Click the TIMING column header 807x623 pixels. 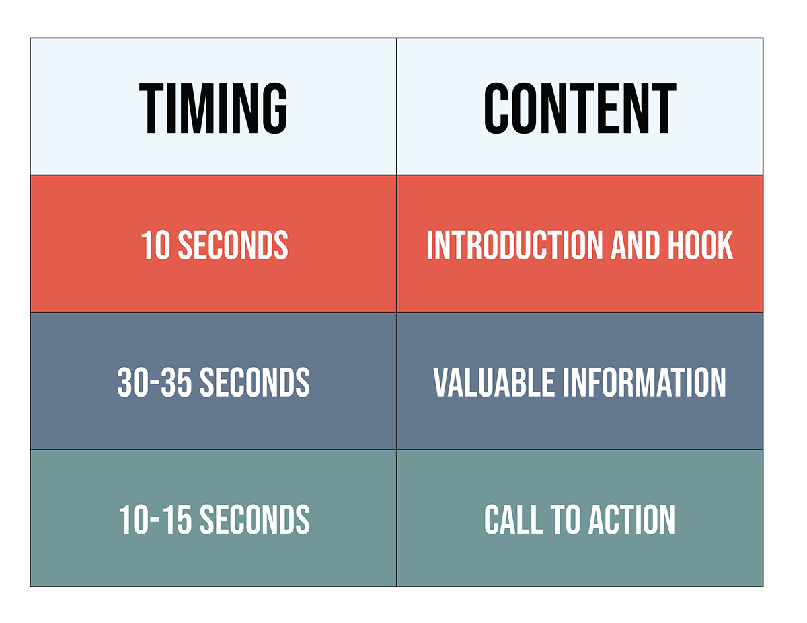(x=213, y=108)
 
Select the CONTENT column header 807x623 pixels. (x=580, y=108)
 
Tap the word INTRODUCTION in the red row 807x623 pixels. (x=514, y=245)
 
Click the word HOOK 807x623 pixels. (x=701, y=245)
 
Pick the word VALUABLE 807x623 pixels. (x=494, y=382)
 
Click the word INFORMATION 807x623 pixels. (x=644, y=382)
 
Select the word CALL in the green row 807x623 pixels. (x=514, y=520)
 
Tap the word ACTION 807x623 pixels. (x=631, y=520)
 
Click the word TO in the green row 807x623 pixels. (x=566, y=520)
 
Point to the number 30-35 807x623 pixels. (x=155, y=382)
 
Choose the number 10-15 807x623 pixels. (x=155, y=520)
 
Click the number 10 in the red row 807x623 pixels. (x=155, y=245)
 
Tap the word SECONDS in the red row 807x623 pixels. (x=233, y=245)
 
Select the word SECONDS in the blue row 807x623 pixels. (x=255, y=382)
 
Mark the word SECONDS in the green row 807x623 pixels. (x=255, y=520)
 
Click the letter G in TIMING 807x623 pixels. (x=275, y=108)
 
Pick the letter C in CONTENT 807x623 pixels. (x=496, y=108)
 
